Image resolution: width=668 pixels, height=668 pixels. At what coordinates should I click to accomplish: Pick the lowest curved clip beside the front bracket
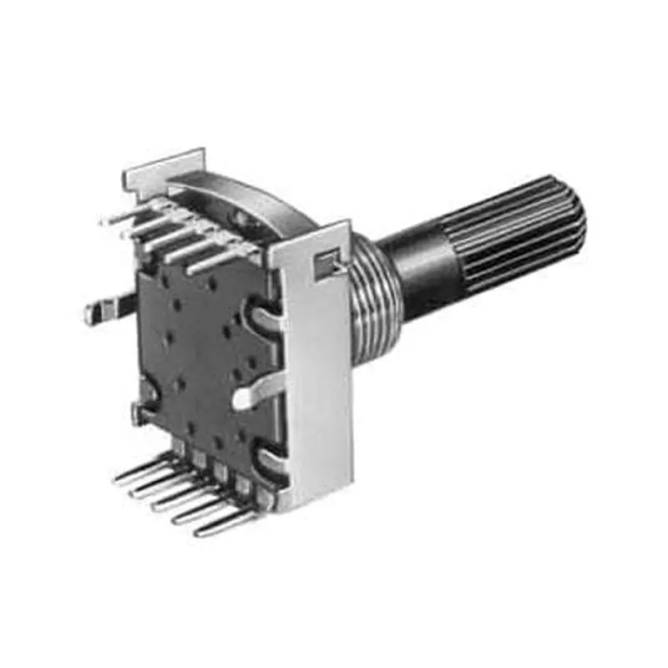(271, 459)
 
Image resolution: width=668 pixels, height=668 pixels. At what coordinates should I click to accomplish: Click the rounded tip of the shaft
(576, 221)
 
